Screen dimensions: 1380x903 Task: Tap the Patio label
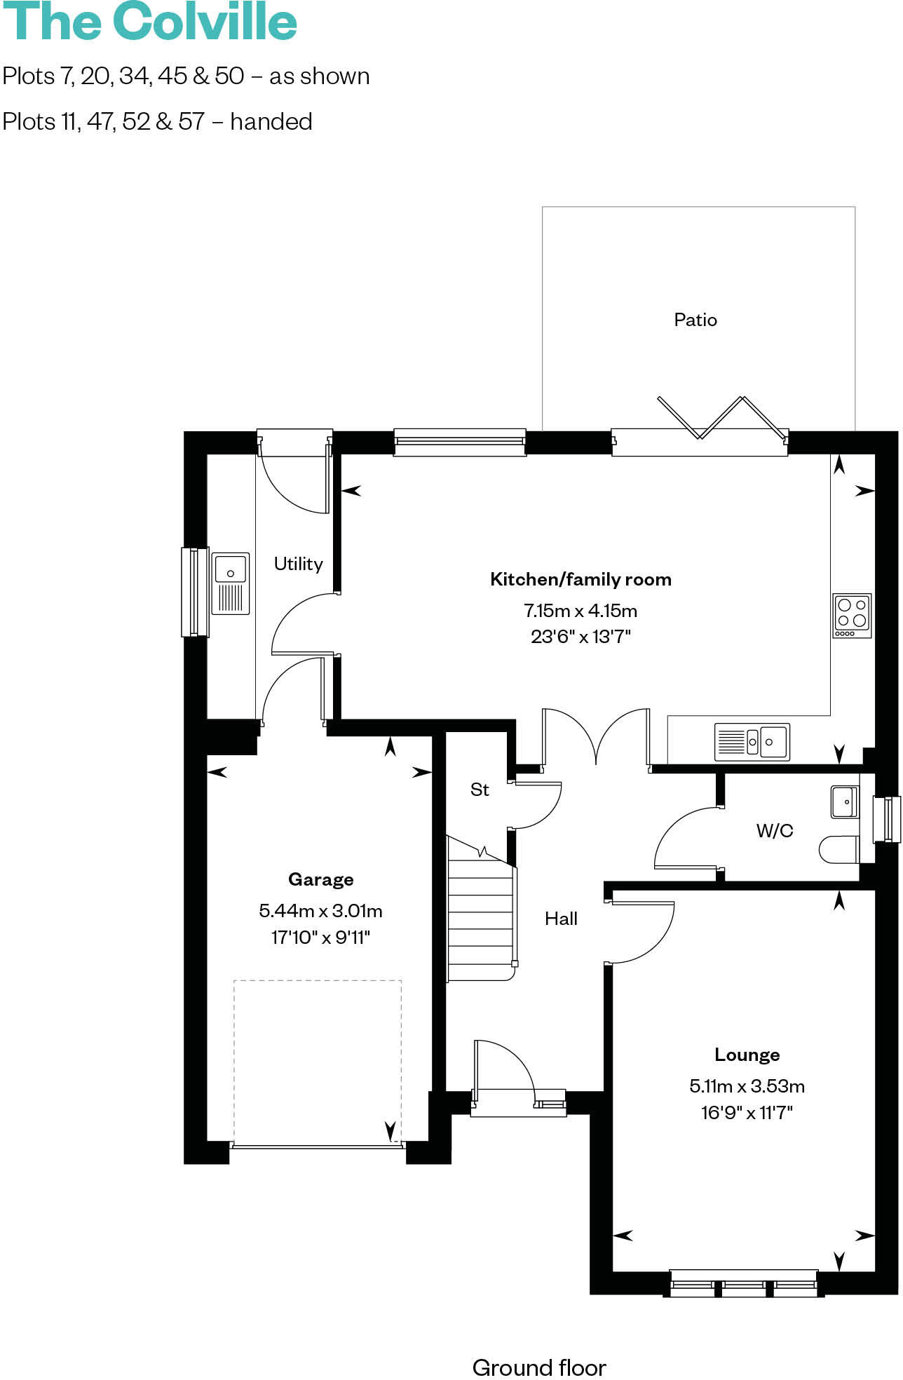click(695, 320)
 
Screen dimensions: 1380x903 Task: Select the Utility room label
click(298, 564)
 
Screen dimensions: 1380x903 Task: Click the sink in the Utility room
click(230, 583)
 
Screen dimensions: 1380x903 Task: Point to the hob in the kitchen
click(852, 615)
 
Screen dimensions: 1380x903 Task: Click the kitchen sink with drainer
click(752, 741)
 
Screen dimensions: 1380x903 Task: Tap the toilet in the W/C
click(839, 849)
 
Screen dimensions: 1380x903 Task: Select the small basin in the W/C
click(844, 802)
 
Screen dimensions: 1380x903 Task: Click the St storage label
click(480, 790)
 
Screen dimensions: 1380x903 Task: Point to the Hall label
click(561, 919)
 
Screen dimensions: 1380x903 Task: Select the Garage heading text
click(320, 879)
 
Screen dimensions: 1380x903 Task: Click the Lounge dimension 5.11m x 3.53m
click(747, 1086)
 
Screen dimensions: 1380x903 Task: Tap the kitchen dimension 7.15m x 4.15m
click(580, 611)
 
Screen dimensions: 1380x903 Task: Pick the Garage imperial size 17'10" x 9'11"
click(320, 937)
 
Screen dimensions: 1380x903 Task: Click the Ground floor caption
click(539, 1367)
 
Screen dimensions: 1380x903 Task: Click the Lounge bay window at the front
click(744, 1283)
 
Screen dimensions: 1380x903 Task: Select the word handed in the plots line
click(271, 122)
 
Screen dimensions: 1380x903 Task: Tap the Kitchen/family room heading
click(580, 579)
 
